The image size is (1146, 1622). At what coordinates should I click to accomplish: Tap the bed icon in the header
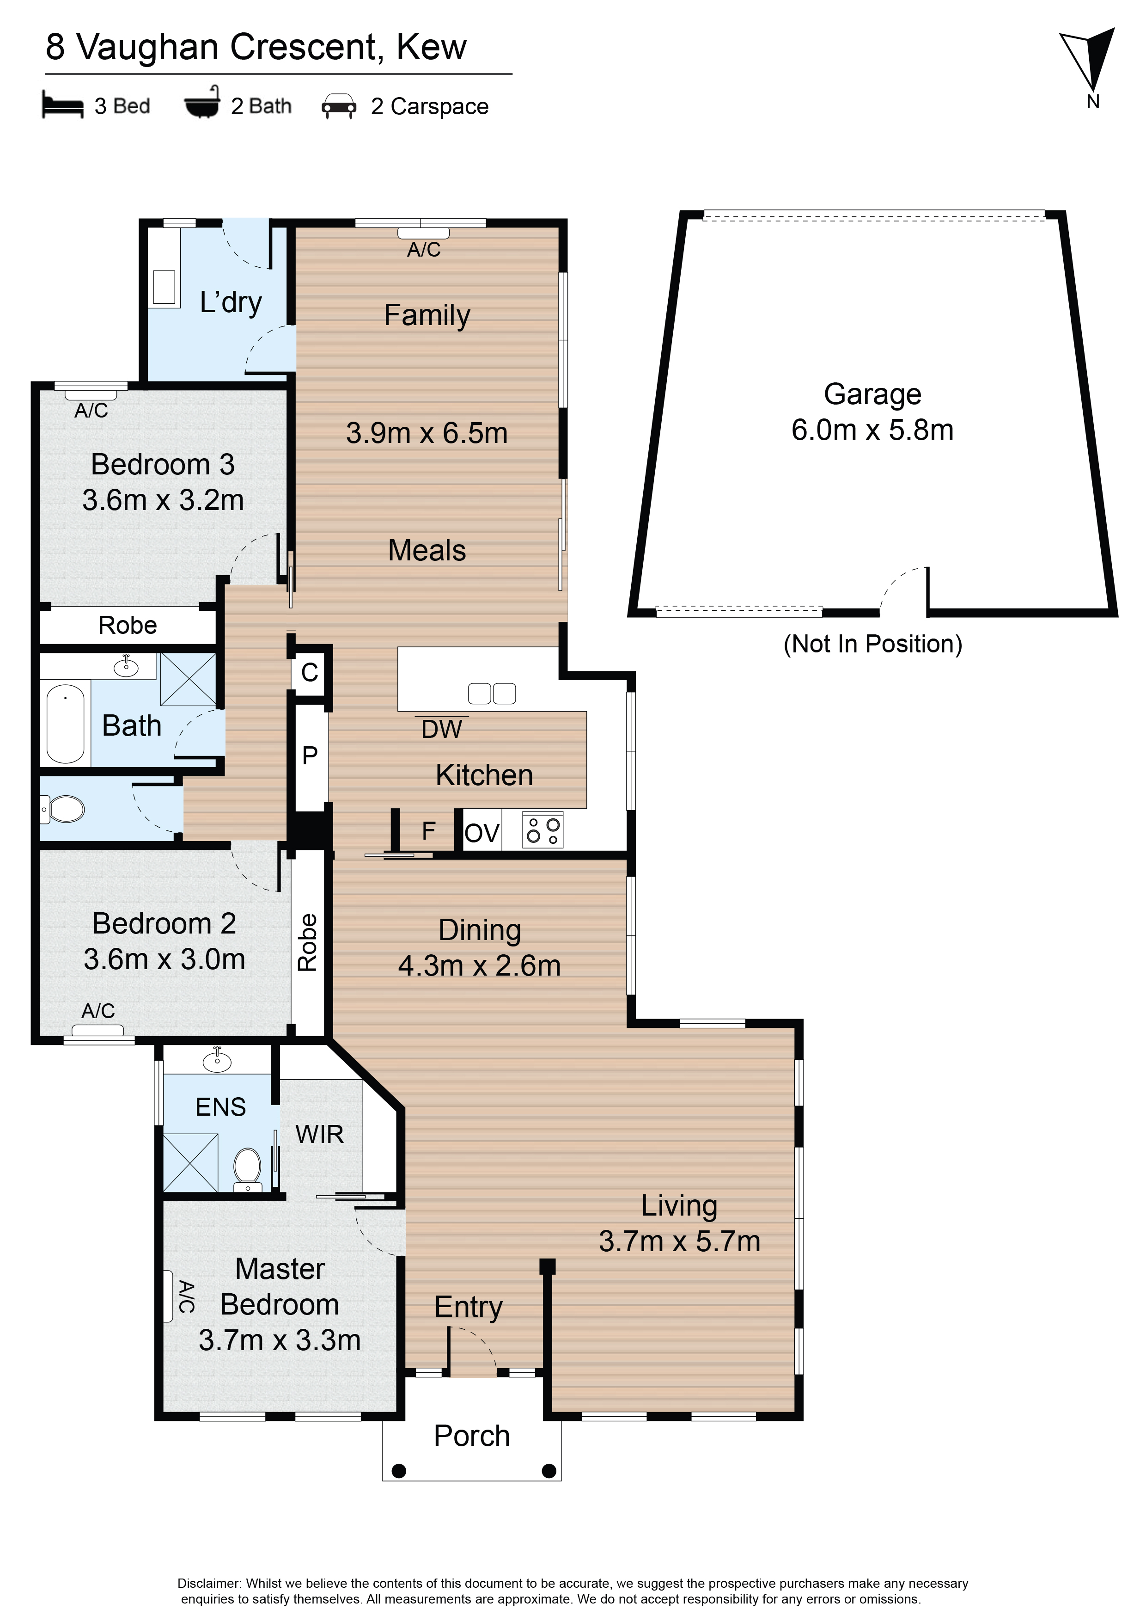63,105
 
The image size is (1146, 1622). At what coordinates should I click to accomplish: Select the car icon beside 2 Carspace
339,106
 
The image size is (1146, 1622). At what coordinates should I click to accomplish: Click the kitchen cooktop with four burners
543,830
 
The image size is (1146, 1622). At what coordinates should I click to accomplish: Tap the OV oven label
482,834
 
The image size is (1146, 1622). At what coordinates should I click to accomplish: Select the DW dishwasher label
441,729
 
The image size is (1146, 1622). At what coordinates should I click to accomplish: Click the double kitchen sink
492,694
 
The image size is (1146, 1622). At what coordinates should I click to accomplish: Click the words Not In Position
873,644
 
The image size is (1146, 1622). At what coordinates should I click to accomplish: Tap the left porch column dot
399,1471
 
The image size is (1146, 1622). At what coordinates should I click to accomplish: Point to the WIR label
320,1134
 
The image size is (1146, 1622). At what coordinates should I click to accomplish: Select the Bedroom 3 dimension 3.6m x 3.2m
163,500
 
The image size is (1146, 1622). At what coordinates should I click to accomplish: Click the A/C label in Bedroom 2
98,1011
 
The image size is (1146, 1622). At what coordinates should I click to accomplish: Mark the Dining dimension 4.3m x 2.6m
480,966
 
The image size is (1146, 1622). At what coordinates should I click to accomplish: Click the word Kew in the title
432,47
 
